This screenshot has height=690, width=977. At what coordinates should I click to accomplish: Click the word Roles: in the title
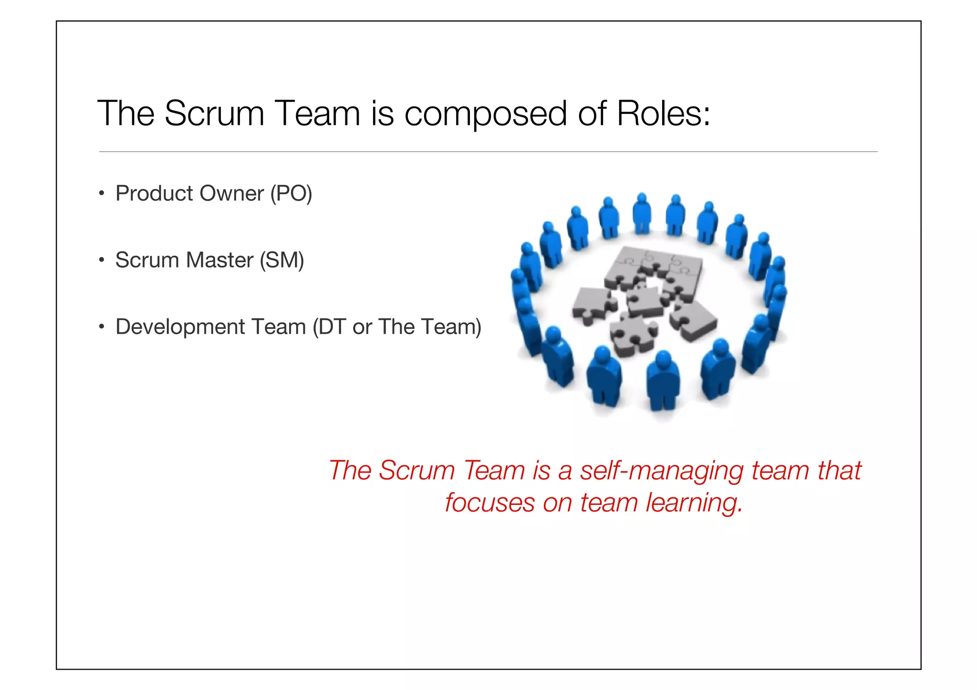[x=663, y=113]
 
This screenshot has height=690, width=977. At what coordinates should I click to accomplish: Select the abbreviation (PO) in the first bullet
[x=291, y=194]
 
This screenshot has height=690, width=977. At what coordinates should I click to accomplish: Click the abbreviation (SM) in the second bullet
[x=282, y=260]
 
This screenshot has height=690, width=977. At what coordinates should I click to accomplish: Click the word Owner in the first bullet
[x=231, y=193]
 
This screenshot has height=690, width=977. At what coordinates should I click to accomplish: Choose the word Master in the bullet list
[x=219, y=260]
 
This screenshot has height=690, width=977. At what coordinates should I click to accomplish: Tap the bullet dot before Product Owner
[x=101, y=194]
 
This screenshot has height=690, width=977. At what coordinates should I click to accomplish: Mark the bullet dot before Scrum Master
[x=101, y=260]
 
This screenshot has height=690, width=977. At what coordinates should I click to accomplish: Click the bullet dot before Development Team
[x=101, y=327]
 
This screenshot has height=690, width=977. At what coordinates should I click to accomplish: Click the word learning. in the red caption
[x=694, y=503]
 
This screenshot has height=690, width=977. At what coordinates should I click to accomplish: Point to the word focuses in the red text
[x=489, y=503]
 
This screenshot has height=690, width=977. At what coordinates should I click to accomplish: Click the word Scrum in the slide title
[x=214, y=113]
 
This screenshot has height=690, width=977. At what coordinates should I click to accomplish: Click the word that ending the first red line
[x=839, y=471]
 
